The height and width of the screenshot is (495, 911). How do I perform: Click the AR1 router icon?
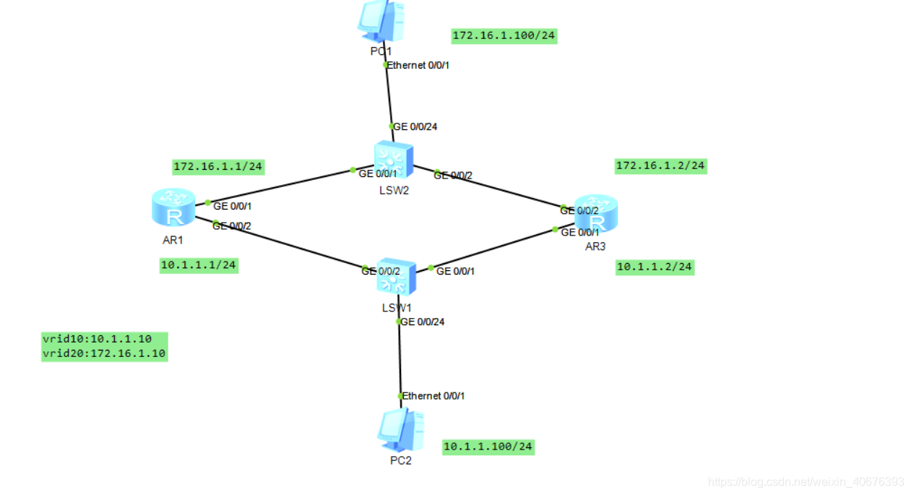tap(173, 207)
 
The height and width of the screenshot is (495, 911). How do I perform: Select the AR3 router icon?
tap(596, 213)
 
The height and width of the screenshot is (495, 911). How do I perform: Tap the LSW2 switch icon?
tap(394, 160)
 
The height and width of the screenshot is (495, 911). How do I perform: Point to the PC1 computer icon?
tap(381, 20)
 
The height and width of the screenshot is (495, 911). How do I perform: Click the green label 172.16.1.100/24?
tap(504, 35)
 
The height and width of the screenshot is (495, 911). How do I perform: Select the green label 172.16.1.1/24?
tap(217, 167)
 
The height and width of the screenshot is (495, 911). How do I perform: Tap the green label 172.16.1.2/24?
tap(660, 165)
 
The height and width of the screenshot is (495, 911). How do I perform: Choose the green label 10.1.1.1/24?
tap(199, 265)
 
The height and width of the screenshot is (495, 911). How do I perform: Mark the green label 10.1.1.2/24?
tap(655, 267)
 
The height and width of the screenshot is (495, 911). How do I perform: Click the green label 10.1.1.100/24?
tap(488, 447)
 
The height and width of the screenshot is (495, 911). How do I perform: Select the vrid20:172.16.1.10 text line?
tap(104, 354)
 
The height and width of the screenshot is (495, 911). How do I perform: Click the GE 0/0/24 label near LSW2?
tap(415, 126)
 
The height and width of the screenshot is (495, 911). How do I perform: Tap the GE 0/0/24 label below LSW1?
tap(422, 322)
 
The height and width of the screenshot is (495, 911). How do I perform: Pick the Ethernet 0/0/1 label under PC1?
tap(423, 65)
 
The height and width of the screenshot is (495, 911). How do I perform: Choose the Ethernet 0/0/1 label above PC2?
tap(433, 396)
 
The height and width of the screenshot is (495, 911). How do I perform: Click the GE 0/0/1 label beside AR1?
tap(232, 206)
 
